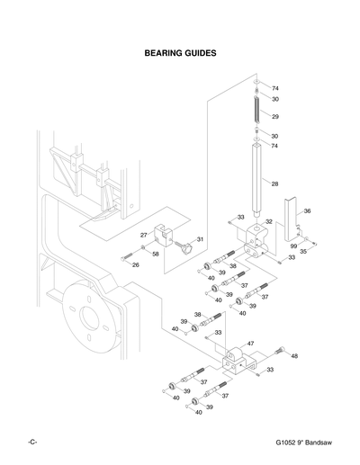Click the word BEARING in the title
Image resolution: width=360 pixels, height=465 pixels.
coord(164,53)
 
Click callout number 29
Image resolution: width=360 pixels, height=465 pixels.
coord(276,117)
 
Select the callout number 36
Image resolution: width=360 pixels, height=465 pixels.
coord(307,211)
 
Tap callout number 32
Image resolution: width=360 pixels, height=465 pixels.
coord(268,221)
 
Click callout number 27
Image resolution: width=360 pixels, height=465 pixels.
coord(142,235)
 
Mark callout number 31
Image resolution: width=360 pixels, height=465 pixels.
coord(200,239)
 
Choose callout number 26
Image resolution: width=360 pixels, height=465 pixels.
coord(135,264)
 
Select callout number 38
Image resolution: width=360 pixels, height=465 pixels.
coord(232,266)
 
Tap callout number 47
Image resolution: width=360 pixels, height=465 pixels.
coord(250,344)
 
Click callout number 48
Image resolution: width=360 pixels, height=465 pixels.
coord(294,355)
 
